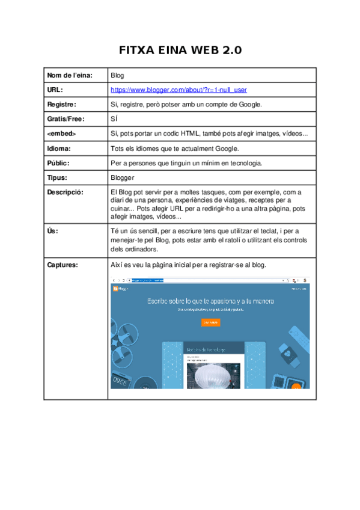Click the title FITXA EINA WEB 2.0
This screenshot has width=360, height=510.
(180, 50)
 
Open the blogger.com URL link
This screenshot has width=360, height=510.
(178, 90)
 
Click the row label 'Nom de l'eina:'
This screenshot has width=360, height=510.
(70, 75)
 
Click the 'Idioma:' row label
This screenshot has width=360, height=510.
(59, 148)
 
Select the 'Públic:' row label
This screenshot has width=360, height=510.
(59, 163)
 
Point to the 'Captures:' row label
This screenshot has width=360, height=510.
(63, 265)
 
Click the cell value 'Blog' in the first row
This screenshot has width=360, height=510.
(117, 75)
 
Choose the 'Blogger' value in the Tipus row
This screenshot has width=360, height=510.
(123, 177)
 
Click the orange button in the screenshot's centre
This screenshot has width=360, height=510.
(210, 323)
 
